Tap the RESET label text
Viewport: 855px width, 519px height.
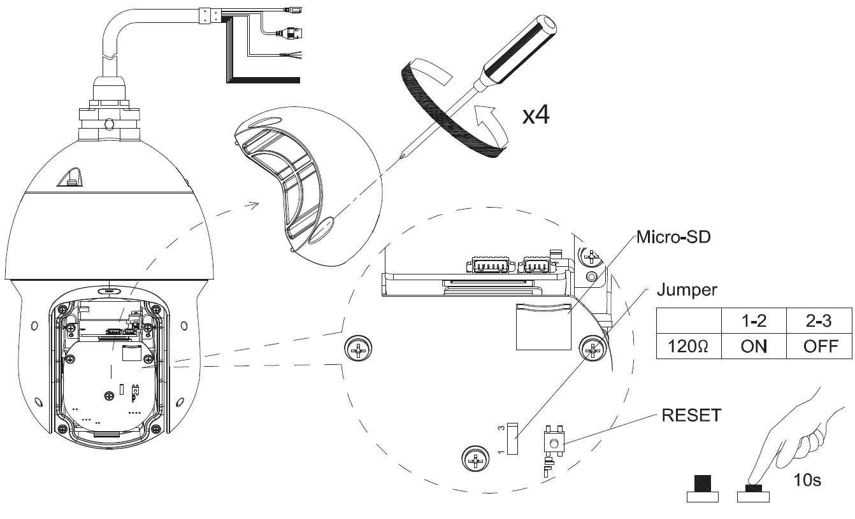point(691,416)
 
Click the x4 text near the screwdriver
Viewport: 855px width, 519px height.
point(536,116)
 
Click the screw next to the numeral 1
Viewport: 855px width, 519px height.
point(474,457)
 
